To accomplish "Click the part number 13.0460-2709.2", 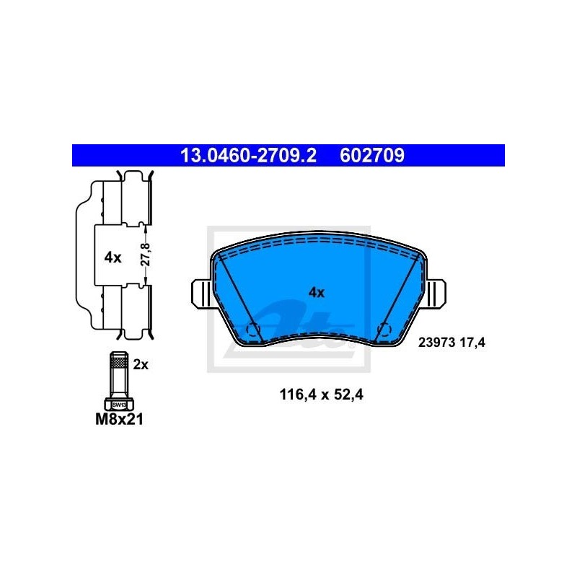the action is (x=248, y=155).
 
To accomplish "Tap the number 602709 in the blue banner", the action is (x=372, y=155).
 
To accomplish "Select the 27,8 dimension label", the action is (x=146, y=255).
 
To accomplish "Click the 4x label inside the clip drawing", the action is (x=113, y=257).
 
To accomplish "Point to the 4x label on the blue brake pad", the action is (x=317, y=293).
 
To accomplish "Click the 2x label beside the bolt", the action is (x=141, y=365).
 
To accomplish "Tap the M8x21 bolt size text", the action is (x=119, y=419).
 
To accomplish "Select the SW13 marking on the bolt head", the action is (x=119, y=405).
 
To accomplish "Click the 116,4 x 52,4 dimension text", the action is (x=321, y=395).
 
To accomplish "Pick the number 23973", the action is (x=436, y=343).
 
